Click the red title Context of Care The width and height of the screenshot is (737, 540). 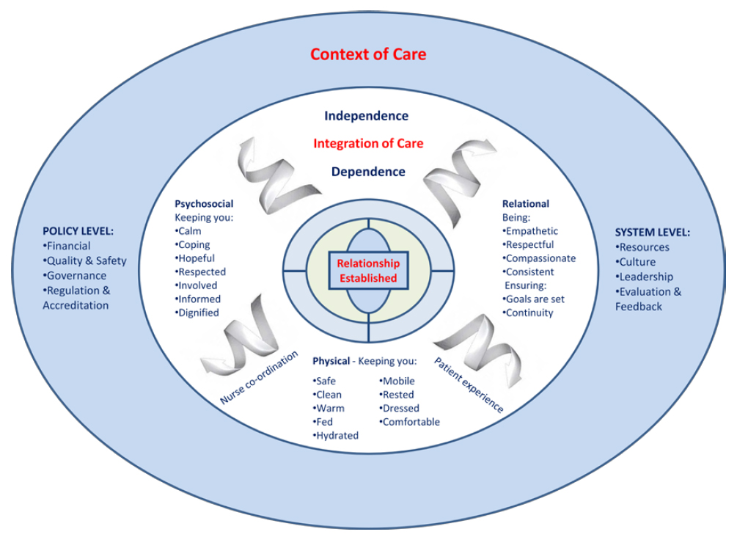[367, 54]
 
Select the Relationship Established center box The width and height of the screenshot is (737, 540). [368, 271]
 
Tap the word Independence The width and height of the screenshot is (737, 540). [366, 116]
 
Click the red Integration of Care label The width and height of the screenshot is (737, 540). [368, 144]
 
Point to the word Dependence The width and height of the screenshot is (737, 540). [367, 172]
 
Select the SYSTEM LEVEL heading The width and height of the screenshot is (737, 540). [652, 233]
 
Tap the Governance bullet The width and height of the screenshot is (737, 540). [76, 276]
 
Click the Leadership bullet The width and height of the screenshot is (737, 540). [645, 277]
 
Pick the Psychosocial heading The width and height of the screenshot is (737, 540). [204, 204]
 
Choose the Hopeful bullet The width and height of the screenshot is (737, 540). [196, 258]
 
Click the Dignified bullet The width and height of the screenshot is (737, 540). [198, 313]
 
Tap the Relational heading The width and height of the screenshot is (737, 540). [525, 204]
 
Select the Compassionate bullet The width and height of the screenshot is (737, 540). [540, 258]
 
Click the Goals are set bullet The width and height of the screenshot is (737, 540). [535, 299]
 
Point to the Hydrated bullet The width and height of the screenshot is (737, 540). [337, 435]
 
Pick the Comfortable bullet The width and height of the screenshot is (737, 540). [410, 422]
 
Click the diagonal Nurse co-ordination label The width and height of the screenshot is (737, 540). [259, 378]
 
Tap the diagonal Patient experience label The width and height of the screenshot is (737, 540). [469, 384]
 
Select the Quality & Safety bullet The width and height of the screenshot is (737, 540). [85, 261]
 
